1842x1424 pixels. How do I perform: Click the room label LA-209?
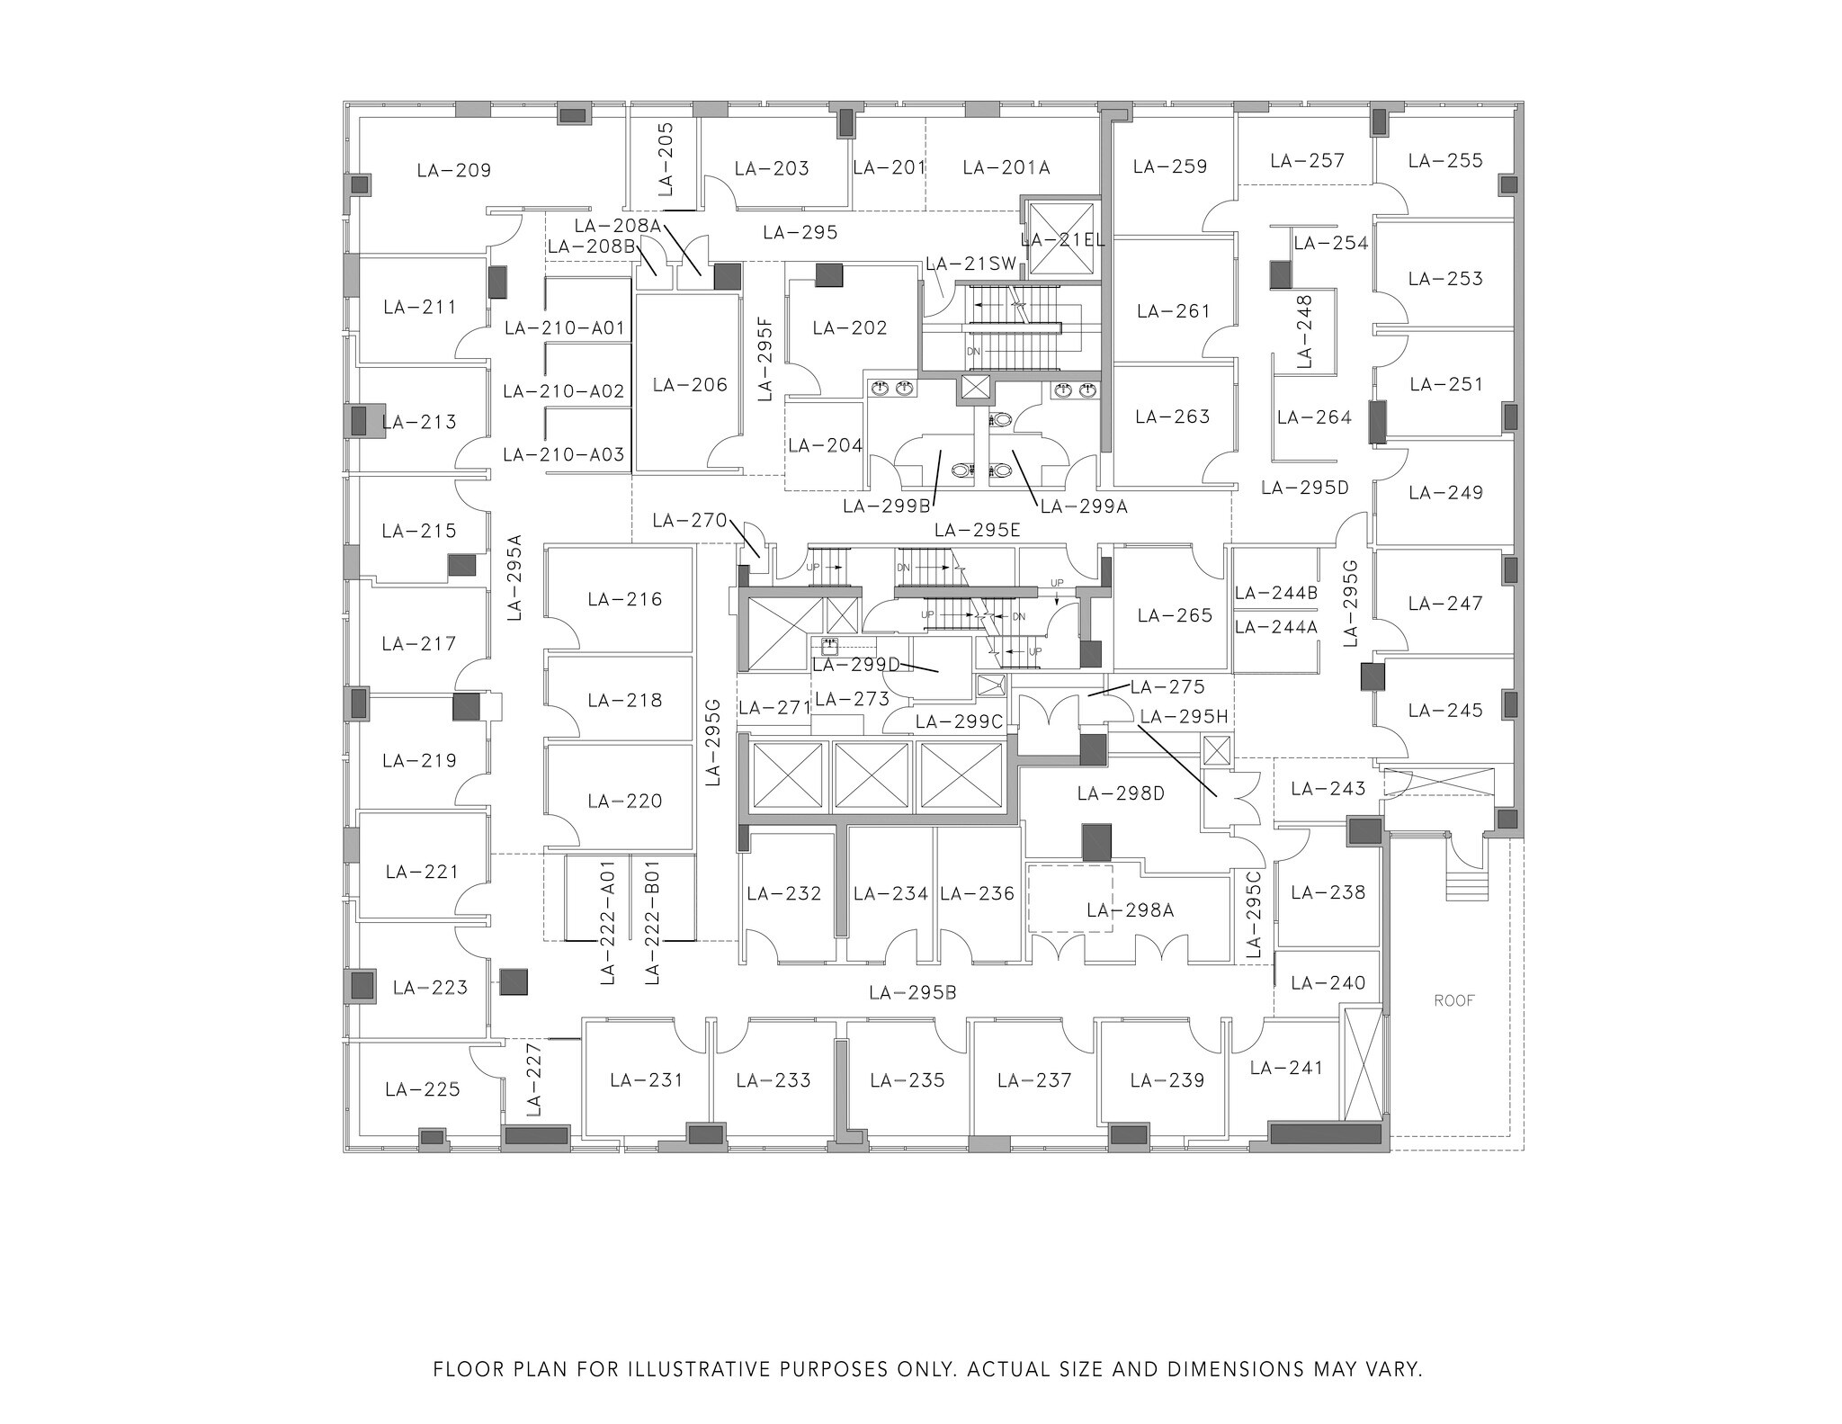tap(454, 170)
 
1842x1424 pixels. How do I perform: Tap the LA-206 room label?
tap(690, 385)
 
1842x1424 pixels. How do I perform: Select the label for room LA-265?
tap(1175, 615)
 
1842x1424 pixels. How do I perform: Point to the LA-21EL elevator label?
tap(1063, 240)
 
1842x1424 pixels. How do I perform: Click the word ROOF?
tap(1454, 1000)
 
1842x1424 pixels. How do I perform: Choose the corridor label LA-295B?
tap(913, 993)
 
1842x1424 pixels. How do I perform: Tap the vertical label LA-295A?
tap(514, 578)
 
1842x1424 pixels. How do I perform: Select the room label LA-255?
tap(1445, 161)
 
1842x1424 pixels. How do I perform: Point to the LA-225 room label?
tap(422, 1089)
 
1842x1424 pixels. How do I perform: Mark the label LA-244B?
tap(1276, 593)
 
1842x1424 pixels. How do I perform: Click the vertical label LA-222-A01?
tap(608, 922)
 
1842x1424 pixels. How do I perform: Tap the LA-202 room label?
tap(850, 328)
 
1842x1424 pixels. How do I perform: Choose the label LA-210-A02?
tap(564, 391)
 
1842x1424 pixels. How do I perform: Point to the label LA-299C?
tap(959, 721)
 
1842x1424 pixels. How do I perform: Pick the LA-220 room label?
tap(624, 801)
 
